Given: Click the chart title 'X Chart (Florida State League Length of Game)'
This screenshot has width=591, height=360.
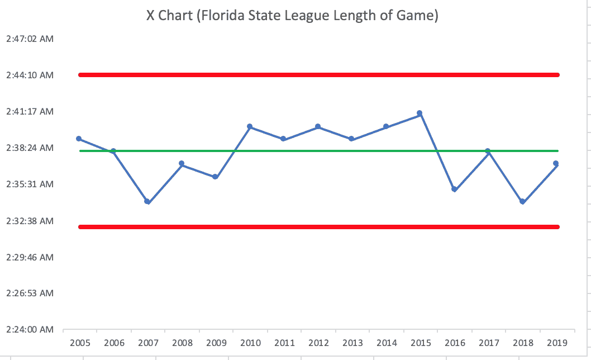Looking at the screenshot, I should click(292, 16).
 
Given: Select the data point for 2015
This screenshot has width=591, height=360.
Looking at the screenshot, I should click(420, 113).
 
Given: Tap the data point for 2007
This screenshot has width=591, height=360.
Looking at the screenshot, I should click(147, 201).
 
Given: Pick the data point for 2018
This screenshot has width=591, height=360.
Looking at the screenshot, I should click(522, 201).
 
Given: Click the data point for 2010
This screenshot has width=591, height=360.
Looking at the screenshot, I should click(249, 127).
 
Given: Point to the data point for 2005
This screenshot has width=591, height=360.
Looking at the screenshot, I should click(79, 139).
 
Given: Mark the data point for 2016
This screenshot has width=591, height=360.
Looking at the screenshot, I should click(454, 190).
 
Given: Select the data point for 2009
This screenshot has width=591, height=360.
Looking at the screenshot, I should click(215, 177).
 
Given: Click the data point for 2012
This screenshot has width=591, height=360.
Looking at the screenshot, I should click(318, 127).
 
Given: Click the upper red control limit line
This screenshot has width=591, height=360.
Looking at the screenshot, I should click(318, 74).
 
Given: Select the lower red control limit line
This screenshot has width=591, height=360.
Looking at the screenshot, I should click(318, 226).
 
